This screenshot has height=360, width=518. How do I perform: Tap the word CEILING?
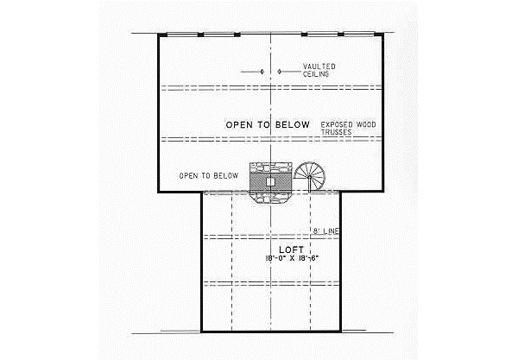[x=314, y=74]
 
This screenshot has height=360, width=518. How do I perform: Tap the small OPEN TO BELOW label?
[x=208, y=175]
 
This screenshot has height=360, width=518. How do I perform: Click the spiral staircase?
[x=309, y=178]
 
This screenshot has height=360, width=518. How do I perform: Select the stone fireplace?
[x=270, y=183]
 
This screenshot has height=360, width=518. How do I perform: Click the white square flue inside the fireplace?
[x=270, y=182]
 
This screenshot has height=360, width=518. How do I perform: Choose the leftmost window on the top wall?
[x=180, y=35]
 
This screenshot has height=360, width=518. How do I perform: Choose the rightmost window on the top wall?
[x=364, y=35]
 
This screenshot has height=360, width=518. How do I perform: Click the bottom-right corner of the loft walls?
[x=340, y=331]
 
